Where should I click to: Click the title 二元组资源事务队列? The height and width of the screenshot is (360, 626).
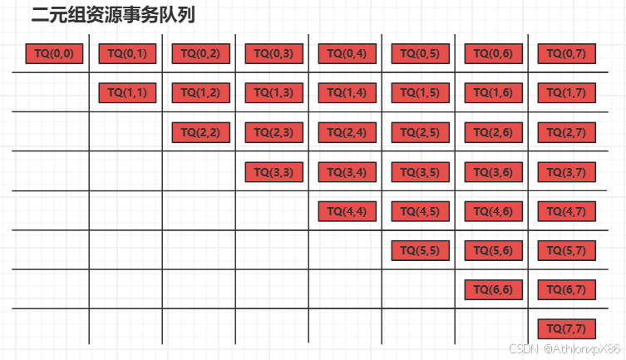point(113,15)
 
